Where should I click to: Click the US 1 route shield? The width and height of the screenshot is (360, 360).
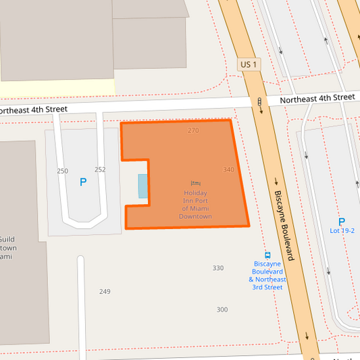pos(249,64)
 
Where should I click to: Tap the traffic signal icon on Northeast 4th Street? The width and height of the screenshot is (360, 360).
pos(259,103)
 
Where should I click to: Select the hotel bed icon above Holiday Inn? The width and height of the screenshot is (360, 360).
pos(196,183)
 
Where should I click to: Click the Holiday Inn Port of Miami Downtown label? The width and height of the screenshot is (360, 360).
pos(196,205)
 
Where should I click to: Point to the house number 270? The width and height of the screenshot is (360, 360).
pos(193,130)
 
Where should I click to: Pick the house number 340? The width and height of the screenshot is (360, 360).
pos(228,170)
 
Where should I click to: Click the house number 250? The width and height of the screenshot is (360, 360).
pos(62,171)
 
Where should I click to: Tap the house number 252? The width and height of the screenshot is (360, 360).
pos(100,170)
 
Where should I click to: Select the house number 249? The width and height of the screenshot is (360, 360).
pos(105,292)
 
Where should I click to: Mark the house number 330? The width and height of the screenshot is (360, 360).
pos(218,268)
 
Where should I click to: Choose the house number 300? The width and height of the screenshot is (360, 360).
pos(222,309)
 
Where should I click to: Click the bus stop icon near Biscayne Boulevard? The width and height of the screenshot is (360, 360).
pos(267,255)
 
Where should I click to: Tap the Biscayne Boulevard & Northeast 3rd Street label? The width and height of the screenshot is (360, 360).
pos(267,275)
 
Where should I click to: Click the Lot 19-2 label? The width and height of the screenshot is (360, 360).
pos(342,231)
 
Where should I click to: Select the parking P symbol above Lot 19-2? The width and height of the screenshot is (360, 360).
pos(341,222)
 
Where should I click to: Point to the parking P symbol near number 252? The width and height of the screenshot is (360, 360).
pos(83,182)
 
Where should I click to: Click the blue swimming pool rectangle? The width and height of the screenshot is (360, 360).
pos(143,186)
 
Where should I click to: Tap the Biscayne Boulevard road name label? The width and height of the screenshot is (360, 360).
pos(284,225)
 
